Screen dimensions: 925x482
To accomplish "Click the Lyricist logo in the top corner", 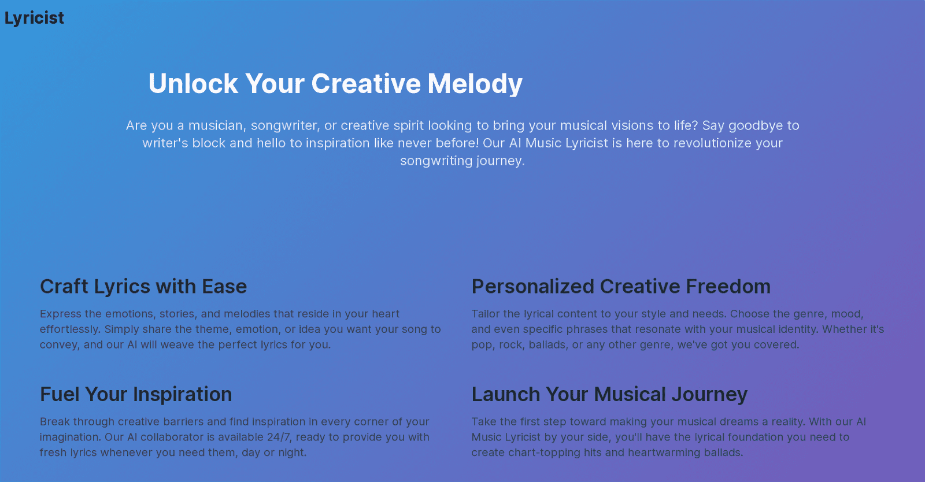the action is point(34,18).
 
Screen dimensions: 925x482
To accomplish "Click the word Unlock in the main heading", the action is point(193,84).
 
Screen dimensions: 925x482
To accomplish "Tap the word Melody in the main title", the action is point(475,84).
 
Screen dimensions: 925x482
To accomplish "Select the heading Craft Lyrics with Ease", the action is point(143,287).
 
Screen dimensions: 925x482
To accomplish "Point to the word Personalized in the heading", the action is point(532,287).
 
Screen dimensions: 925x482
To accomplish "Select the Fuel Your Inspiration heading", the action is point(136,394).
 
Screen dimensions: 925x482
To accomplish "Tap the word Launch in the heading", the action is point(506,394).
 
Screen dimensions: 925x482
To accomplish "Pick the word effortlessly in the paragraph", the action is point(70,329).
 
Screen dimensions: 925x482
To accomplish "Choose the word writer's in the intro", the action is point(165,143).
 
